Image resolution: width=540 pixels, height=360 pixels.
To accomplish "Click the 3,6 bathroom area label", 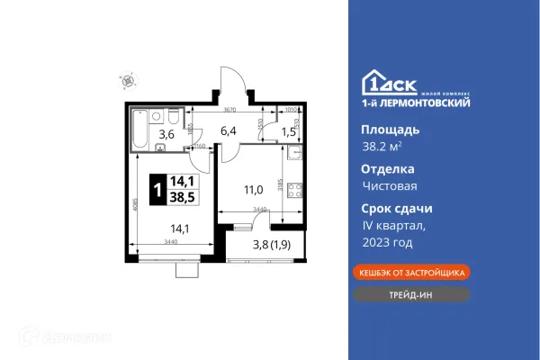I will coord(166,135).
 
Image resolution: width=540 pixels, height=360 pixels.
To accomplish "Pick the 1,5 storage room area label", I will coord(289,131).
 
